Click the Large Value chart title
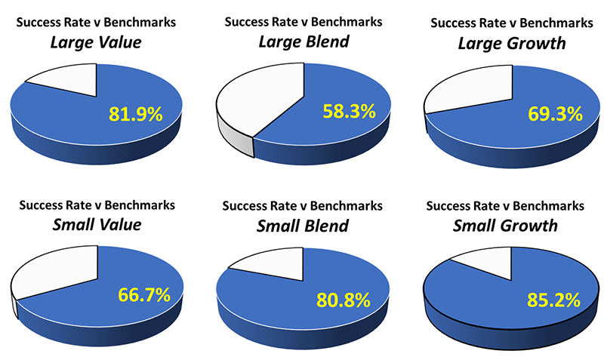pyautogui.click(x=96, y=42)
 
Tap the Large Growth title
pyautogui.click(x=511, y=43)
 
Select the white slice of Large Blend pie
pyautogui.click(x=257, y=98)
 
